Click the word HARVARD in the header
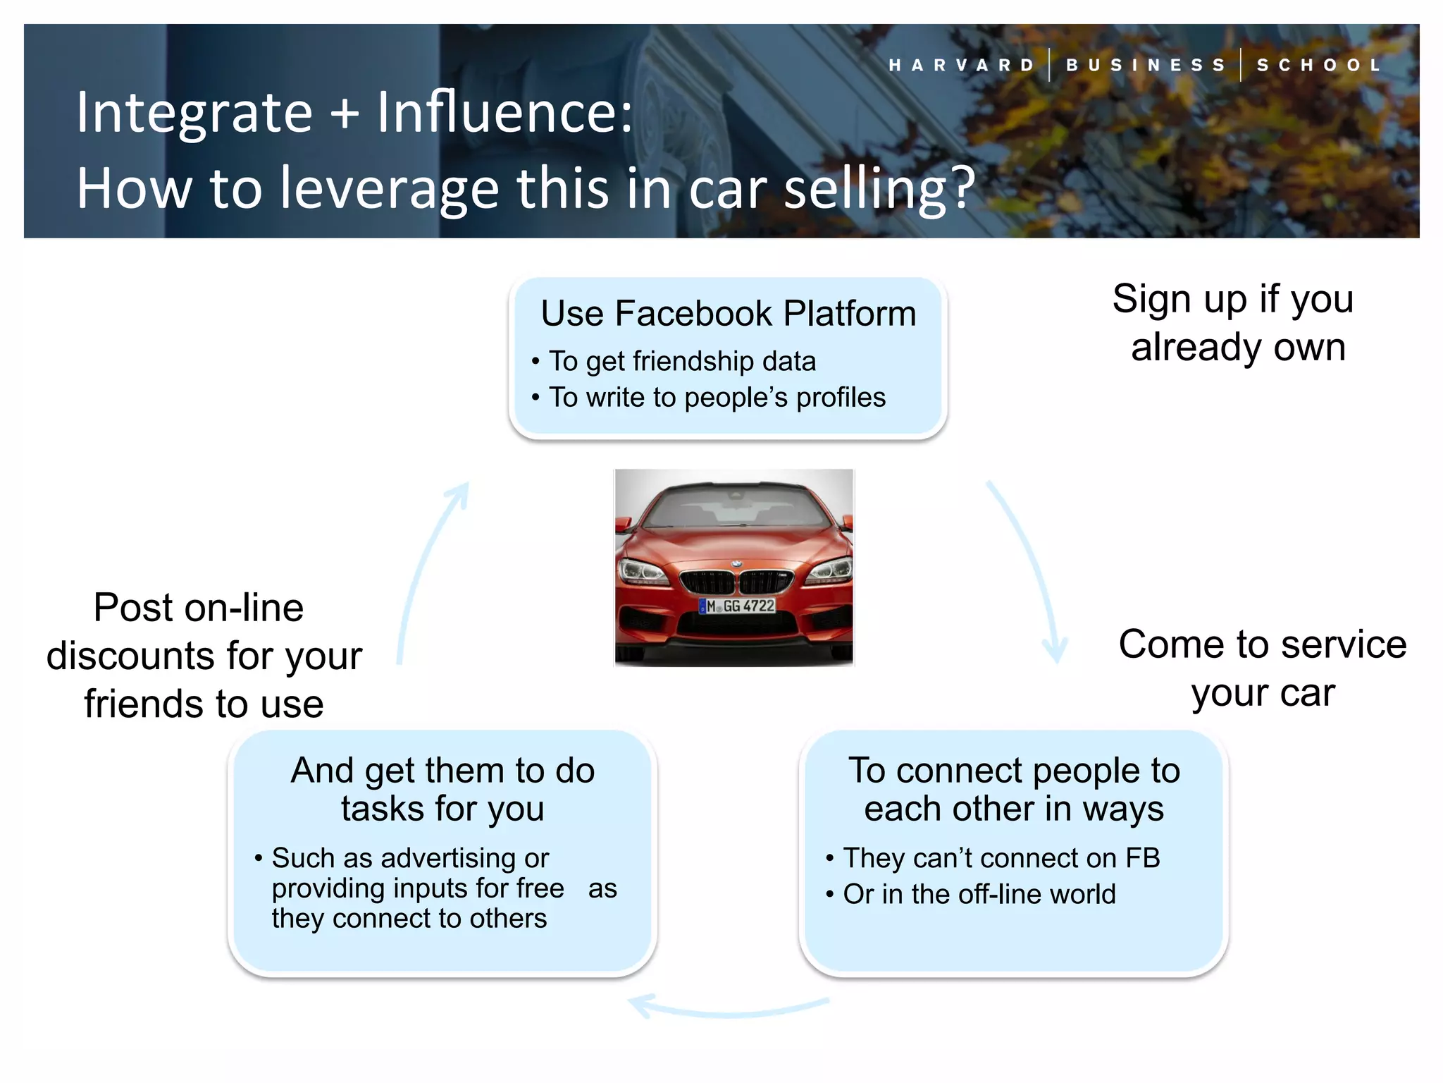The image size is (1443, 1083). (962, 66)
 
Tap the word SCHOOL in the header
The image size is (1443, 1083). (1319, 66)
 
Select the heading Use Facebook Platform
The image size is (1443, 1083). (728, 314)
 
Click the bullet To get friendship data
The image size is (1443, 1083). (681, 361)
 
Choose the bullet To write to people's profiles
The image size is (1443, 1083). (717, 397)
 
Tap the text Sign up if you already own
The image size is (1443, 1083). (1234, 322)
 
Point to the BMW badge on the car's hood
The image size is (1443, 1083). (736, 564)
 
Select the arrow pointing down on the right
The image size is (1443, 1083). (1030, 571)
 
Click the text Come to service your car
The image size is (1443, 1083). (1263, 668)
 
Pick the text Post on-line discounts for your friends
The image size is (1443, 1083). (203, 655)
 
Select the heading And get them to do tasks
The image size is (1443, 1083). (442, 789)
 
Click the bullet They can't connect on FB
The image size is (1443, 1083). (1001, 858)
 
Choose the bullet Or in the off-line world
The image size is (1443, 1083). (979, 894)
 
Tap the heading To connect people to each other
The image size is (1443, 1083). (1013, 789)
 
